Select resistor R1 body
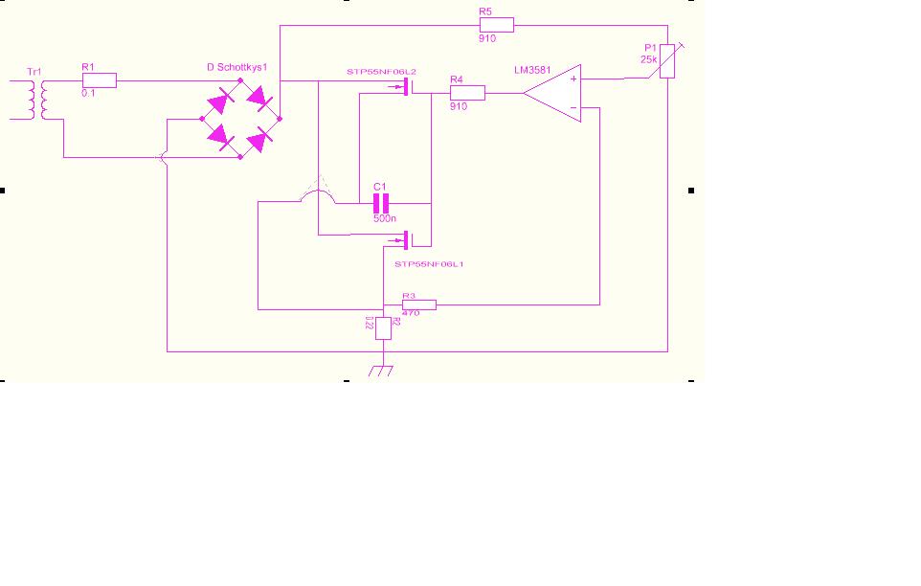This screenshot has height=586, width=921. click(100, 80)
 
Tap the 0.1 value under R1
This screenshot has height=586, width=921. click(88, 93)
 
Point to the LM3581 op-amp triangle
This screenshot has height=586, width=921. click(554, 93)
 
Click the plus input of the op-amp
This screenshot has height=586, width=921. click(573, 79)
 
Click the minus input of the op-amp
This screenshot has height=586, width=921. click(573, 108)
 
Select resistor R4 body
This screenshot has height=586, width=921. click(467, 93)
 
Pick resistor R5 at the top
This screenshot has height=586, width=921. click(496, 26)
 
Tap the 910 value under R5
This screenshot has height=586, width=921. click(486, 39)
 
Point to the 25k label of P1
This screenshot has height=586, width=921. click(649, 59)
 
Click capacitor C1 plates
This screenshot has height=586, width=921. click(382, 203)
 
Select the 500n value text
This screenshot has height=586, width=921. click(383, 218)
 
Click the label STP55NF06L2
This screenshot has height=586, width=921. click(381, 72)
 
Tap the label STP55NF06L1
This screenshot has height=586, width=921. click(428, 261)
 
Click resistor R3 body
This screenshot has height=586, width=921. click(418, 304)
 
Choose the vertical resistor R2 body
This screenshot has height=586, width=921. click(383, 327)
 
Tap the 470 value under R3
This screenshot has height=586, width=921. click(412, 313)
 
